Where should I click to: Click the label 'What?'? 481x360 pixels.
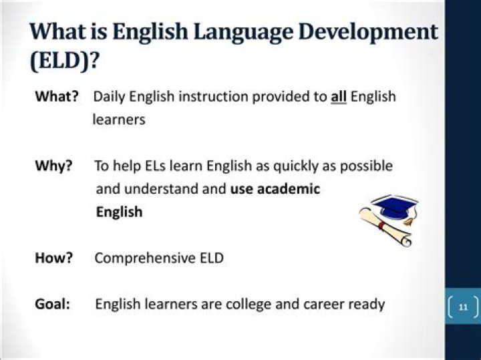[x=56, y=96]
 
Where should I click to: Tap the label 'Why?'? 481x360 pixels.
[x=53, y=166]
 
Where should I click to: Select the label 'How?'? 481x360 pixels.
[x=53, y=258]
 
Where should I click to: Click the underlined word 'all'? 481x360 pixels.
[x=339, y=96]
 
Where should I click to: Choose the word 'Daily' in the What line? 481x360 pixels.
[x=110, y=97]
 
